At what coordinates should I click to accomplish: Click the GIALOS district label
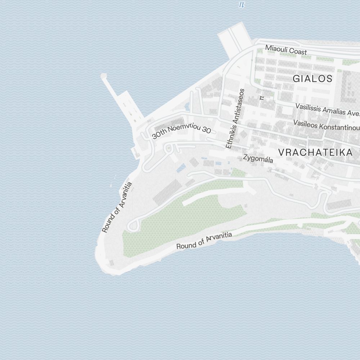312,78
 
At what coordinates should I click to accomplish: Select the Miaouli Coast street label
286,49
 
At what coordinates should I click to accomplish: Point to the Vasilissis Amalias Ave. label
327,109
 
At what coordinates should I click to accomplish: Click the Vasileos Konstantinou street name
326,126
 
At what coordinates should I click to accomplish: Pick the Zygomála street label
258,158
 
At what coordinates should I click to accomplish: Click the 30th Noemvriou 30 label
181,132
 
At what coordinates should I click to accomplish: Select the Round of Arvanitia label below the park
204,241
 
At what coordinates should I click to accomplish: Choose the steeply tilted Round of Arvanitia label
117,207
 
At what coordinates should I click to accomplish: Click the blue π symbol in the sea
242,4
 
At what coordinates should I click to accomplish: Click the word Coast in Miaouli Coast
296,51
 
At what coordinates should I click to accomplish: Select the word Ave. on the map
354,113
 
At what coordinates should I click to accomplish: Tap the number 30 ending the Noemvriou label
206,130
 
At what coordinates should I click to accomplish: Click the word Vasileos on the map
306,123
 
